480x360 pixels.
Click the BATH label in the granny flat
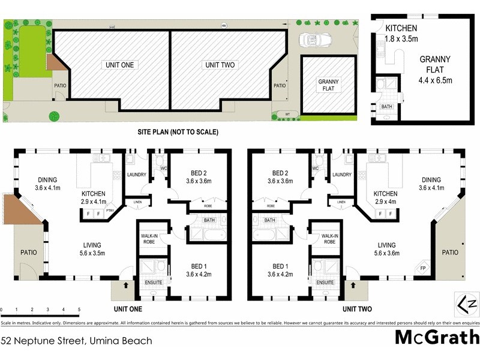(x=386, y=107)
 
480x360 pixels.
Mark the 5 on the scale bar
(x=79, y=310)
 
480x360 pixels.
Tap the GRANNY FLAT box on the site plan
(x=328, y=85)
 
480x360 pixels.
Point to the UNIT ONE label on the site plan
(x=121, y=65)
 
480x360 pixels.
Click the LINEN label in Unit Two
(x=341, y=202)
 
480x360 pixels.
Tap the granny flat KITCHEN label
(x=402, y=28)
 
